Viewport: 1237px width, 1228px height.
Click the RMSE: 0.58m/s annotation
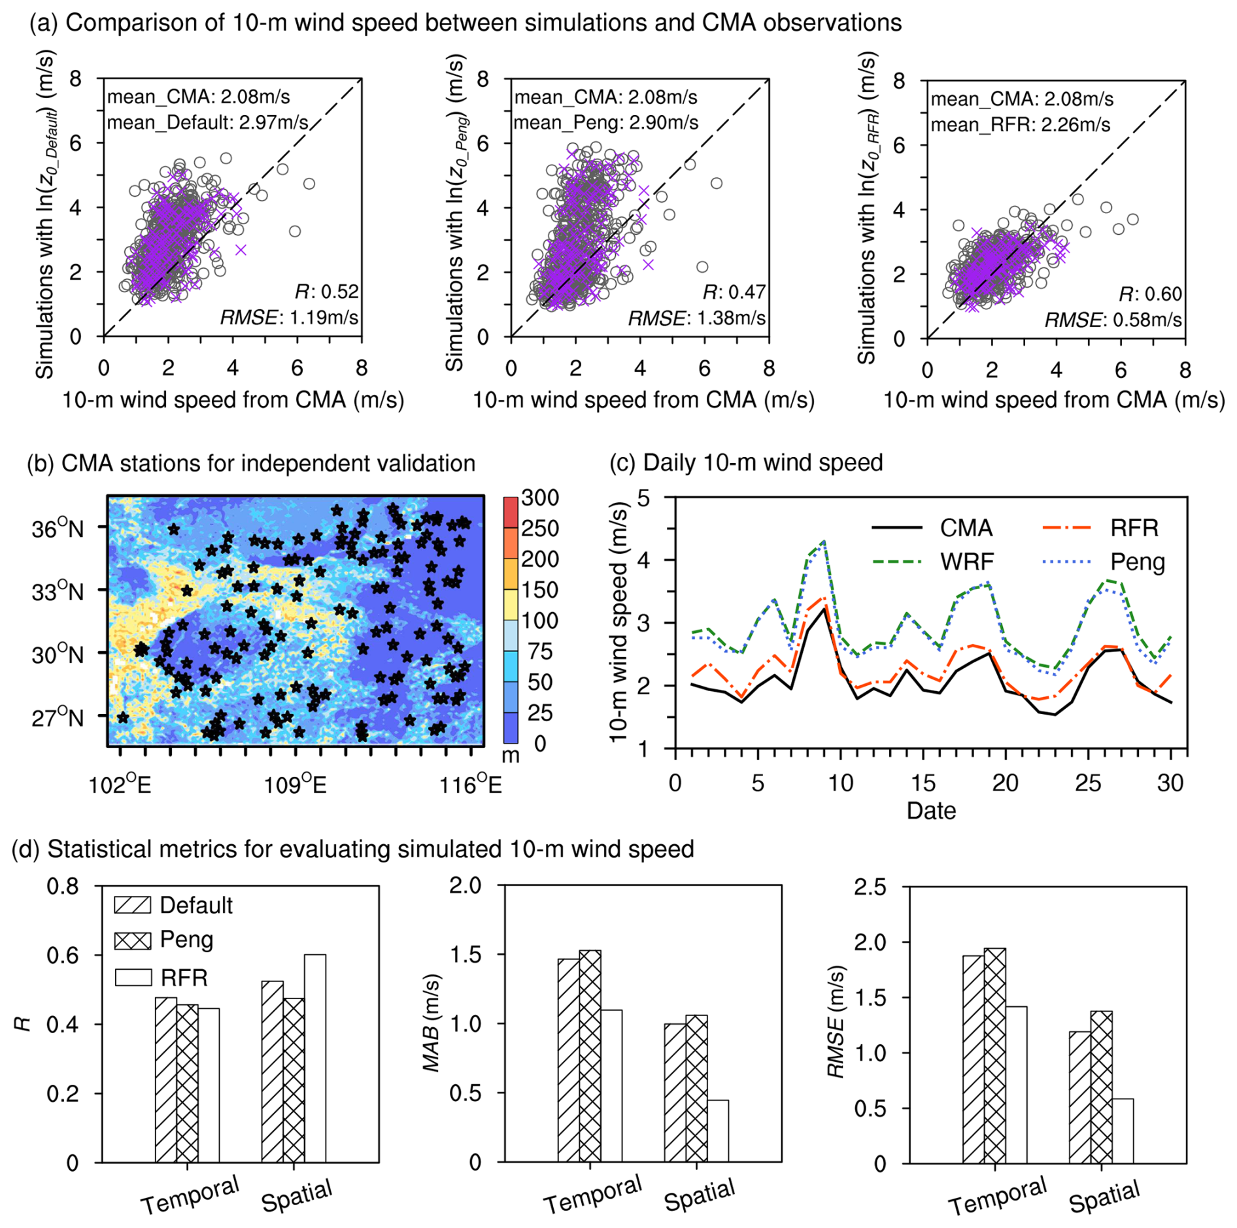click(1112, 320)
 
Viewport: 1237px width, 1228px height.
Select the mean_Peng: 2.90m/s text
click(605, 123)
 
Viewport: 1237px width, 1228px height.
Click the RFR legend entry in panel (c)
click(1133, 528)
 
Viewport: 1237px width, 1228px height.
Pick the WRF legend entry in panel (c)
click(966, 561)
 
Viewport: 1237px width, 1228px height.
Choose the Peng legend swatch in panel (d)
click(133, 940)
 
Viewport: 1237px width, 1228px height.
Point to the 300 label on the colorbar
click(539, 498)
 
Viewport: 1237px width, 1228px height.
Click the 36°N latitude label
click(58, 528)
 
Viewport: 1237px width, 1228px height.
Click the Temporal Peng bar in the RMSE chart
click(994, 1054)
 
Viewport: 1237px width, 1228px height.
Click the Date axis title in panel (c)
click(931, 811)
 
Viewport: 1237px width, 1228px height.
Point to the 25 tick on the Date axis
click(1088, 783)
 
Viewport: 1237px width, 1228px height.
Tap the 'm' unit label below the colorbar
click(510, 756)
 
